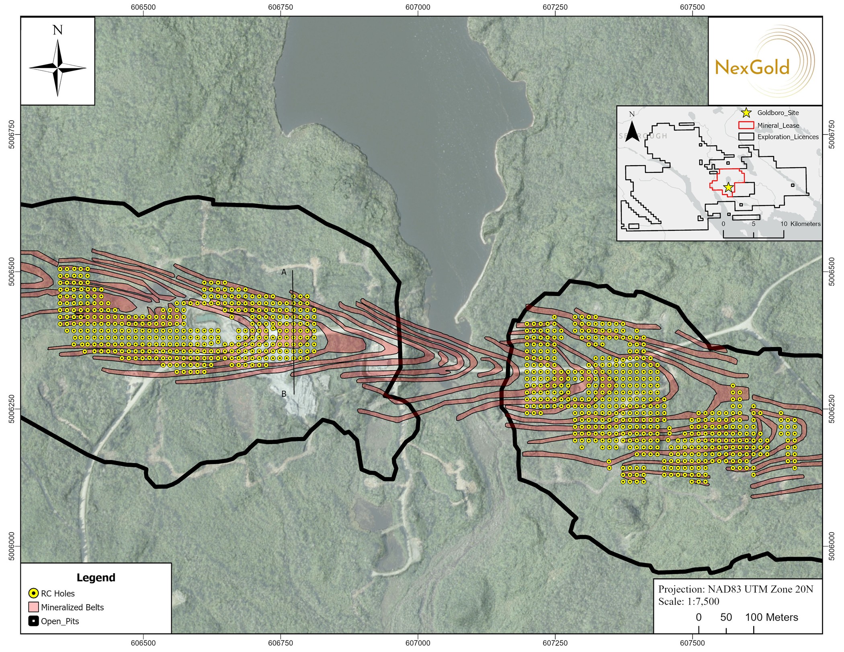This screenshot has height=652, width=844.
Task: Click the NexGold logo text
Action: coord(752,68)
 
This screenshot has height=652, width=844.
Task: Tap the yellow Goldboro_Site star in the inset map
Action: coord(728,187)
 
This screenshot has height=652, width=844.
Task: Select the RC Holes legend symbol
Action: coord(34,593)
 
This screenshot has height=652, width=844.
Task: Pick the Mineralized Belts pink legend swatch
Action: coord(34,607)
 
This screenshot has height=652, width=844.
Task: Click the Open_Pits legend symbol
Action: coord(34,621)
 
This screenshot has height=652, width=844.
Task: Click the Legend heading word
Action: coord(96,578)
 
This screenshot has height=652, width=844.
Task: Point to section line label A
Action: coord(284,273)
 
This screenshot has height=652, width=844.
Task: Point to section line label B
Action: coord(284,394)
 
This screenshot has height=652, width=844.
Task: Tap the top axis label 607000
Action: coord(418,7)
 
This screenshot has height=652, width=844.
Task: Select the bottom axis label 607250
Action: coord(555,643)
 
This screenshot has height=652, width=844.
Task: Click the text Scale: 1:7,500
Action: coord(688,602)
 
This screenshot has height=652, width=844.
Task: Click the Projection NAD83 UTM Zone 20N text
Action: coord(735,589)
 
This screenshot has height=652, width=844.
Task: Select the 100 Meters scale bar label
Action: coord(771,617)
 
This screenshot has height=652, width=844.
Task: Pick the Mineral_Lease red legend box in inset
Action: coord(746,125)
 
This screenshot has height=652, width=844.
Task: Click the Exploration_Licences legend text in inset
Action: coord(788,137)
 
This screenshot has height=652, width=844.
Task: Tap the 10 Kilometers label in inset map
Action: coord(800,224)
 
